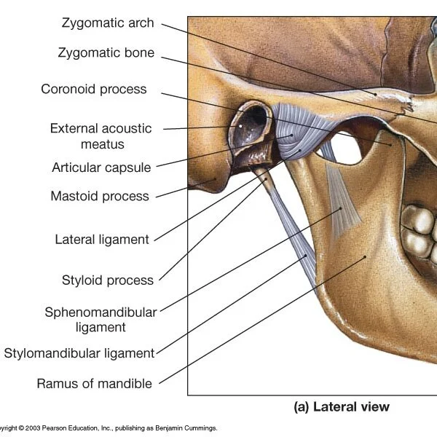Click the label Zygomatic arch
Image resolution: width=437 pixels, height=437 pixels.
click(108, 23)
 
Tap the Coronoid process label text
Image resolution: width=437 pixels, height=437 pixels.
click(94, 90)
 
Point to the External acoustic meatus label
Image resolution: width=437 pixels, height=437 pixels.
click(101, 136)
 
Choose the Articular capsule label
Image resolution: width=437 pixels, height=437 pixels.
click(101, 168)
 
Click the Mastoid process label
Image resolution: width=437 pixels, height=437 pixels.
click(100, 196)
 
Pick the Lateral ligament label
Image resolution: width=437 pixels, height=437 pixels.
click(102, 239)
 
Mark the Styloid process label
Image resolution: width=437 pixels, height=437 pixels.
click(108, 280)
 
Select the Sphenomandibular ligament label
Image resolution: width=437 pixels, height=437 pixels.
click(101, 320)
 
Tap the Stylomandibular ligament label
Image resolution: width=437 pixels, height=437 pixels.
click(79, 353)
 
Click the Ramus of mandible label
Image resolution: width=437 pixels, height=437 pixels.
click(95, 383)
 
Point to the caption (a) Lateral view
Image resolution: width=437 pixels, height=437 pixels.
click(342, 407)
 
